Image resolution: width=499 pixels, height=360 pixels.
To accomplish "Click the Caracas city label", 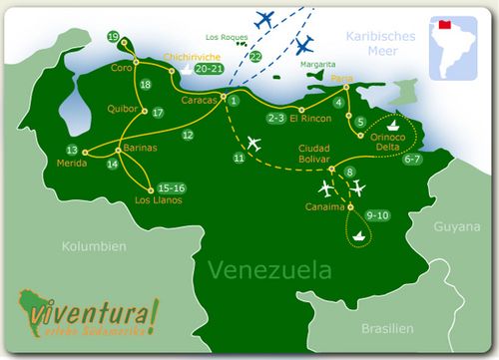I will [x=200, y=101].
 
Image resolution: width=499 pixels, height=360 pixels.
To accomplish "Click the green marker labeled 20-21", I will [x=210, y=71].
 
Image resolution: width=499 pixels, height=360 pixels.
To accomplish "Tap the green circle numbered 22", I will [x=256, y=57].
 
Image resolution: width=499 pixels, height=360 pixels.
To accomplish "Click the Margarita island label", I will [x=317, y=63].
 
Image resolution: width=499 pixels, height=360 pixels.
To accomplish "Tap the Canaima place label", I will [x=323, y=207].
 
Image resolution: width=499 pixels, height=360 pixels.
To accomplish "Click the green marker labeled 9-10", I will [x=378, y=215].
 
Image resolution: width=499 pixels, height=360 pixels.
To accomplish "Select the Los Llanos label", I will [x=157, y=199].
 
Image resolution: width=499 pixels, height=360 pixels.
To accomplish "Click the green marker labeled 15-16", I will [x=171, y=187].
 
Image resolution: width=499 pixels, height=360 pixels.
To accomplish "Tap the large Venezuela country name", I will [x=269, y=270].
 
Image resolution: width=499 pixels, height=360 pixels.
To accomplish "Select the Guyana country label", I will [x=453, y=227].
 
